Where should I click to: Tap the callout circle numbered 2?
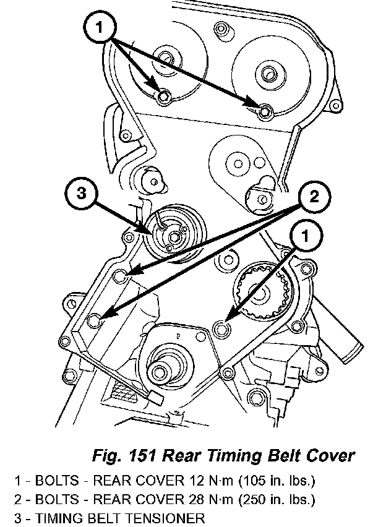pos(314,197)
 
